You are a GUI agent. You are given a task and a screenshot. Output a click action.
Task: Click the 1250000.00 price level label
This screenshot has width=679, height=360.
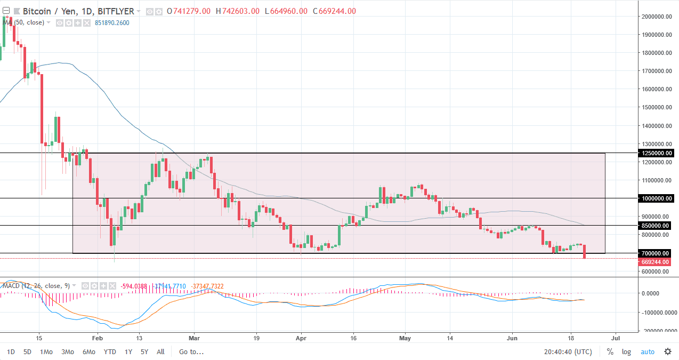657,153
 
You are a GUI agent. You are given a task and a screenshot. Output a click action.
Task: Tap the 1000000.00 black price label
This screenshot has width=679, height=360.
657,198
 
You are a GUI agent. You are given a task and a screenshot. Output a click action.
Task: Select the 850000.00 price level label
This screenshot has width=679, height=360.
657,226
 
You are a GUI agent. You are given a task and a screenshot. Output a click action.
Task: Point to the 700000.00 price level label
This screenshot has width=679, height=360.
657,253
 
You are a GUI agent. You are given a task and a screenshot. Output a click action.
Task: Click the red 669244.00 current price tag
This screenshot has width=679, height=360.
657,262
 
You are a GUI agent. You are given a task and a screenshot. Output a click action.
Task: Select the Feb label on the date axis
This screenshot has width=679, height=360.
96,338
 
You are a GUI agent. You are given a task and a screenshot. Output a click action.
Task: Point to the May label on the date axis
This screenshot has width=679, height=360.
406,338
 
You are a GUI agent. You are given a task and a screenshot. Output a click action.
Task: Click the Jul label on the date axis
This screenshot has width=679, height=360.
616,338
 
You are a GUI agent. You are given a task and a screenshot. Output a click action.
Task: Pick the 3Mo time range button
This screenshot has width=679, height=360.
67,351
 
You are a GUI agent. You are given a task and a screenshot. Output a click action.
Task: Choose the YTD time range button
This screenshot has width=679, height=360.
110,351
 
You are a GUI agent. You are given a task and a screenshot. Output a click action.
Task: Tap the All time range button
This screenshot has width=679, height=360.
160,351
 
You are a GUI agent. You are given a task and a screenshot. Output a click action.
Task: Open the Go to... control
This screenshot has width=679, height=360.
191,351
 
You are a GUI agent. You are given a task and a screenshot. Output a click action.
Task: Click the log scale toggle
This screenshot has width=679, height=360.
626,351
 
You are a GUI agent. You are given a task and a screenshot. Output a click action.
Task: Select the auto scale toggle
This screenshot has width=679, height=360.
647,351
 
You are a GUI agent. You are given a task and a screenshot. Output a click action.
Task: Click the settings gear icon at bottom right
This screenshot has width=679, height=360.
667,351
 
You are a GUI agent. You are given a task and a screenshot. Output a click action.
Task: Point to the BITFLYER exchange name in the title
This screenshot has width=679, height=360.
117,11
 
